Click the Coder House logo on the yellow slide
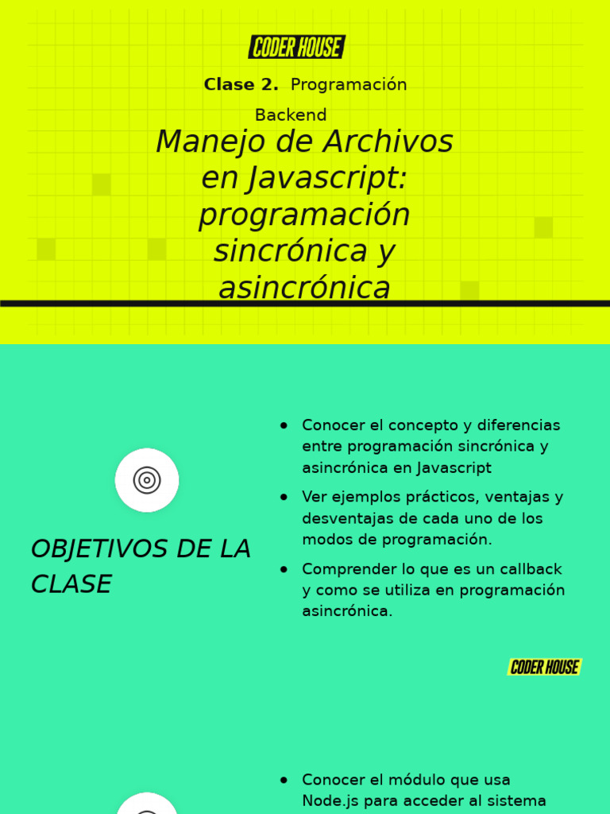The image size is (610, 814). [x=297, y=48]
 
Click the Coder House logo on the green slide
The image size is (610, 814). [x=545, y=667]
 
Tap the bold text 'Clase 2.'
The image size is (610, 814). [x=241, y=85]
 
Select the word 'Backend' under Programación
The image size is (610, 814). [x=291, y=115]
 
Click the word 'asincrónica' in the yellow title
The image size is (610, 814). [x=304, y=289]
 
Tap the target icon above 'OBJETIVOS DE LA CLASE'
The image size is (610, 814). [x=147, y=480]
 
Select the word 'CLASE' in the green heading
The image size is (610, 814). [x=71, y=584]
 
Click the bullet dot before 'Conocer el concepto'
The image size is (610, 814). [x=284, y=425]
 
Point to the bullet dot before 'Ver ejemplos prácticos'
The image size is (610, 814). [x=284, y=498]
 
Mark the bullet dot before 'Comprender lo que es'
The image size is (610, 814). [x=284, y=569]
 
